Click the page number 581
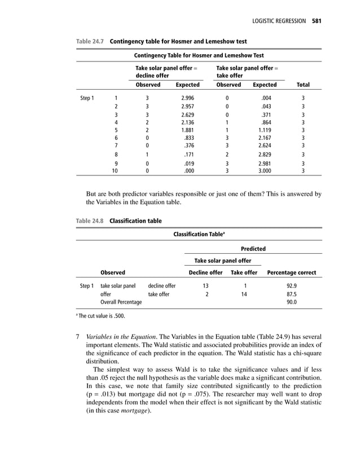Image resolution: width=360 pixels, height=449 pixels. point(316,21)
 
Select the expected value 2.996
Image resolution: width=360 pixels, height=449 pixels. point(187,98)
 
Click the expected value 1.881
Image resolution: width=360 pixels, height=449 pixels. point(187,130)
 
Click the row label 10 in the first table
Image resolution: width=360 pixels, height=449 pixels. point(116,170)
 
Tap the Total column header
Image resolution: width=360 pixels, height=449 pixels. point(302,85)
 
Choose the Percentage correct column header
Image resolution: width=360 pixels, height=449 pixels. point(292,272)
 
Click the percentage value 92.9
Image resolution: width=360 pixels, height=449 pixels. point(292,286)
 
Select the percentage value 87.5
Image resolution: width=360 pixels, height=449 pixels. point(292,294)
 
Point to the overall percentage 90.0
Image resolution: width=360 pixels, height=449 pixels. point(292,302)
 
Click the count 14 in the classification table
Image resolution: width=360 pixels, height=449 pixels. point(244,294)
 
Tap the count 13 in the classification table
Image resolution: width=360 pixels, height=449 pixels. point(205,286)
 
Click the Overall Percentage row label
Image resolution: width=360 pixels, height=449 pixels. point(121,302)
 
